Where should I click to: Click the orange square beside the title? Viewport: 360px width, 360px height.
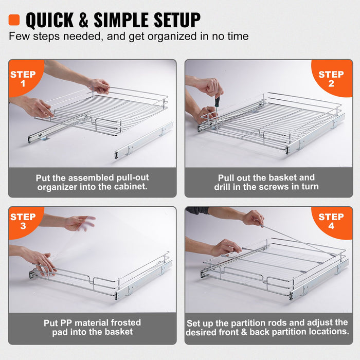pos(14,20)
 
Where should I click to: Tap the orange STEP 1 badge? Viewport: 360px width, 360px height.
pos(23,77)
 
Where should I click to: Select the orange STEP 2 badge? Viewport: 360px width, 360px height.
pos(332,78)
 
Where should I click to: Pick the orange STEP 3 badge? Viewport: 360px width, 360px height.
pos(23,221)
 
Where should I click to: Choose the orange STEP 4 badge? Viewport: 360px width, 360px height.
pos(332,221)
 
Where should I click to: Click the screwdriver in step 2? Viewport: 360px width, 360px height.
pos(217,103)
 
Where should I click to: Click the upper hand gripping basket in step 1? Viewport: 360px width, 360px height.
pos(99,86)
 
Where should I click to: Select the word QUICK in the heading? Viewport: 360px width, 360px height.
pos(51,20)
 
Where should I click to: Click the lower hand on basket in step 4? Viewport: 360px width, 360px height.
pos(226,247)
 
